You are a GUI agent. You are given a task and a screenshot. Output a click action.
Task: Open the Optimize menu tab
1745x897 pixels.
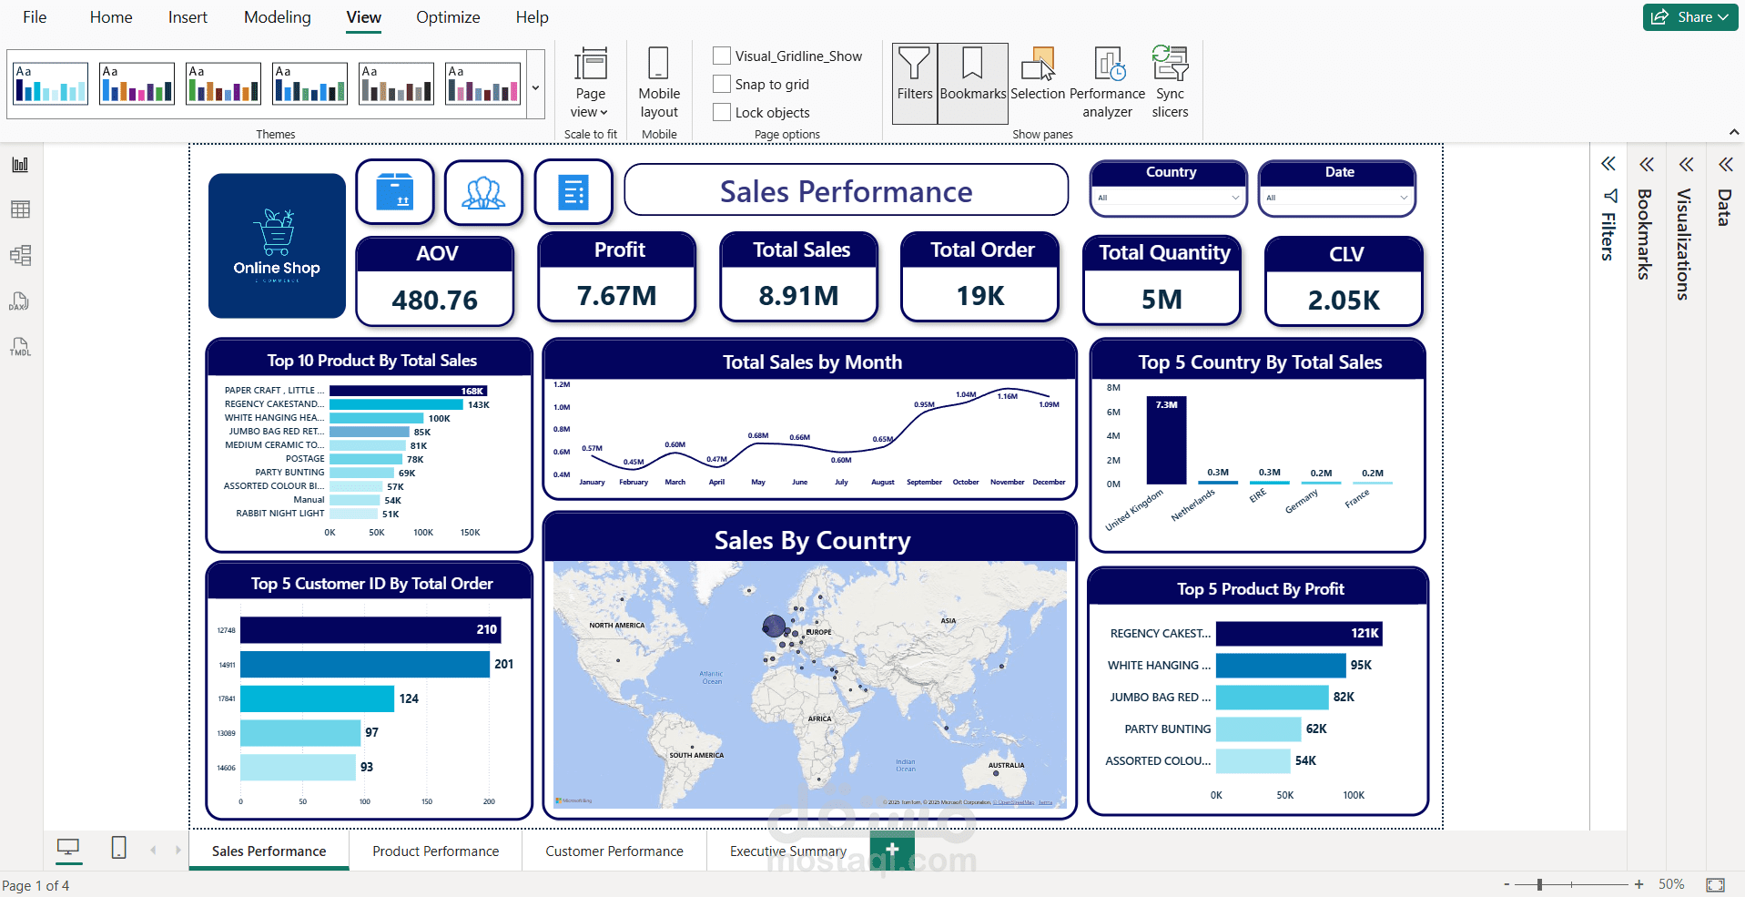coord(448,17)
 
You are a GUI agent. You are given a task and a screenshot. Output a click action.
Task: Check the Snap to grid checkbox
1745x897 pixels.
coord(722,84)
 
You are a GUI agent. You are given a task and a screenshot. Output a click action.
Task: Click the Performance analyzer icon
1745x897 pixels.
coord(1108,66)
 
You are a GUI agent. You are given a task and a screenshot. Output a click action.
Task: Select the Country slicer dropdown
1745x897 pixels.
coord(1169,198)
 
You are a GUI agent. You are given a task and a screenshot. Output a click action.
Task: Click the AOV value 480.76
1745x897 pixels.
coord(435,301)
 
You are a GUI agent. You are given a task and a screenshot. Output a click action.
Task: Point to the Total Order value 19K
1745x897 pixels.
coord(980,296)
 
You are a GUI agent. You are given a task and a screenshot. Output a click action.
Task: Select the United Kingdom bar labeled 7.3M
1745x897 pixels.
coord(1166,442)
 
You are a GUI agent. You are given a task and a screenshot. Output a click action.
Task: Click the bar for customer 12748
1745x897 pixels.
coord(370,630)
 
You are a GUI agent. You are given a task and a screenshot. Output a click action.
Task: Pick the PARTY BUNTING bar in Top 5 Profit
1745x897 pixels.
coord(1258,729)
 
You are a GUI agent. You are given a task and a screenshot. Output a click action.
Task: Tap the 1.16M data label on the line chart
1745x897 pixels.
coord(1007,396)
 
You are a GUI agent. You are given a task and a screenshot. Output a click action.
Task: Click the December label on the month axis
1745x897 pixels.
coord(1049,483)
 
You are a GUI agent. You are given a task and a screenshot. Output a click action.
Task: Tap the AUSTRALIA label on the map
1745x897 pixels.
coord(1006,766)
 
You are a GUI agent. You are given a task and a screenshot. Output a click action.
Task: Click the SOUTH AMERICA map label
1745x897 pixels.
coord(696,755)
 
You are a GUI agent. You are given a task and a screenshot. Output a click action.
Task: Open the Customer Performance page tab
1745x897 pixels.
coord(614,851)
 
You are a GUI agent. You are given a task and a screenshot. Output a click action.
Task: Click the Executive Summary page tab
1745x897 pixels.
coord(788,851)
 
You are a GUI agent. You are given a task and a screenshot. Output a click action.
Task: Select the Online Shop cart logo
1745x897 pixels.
coord(277,232)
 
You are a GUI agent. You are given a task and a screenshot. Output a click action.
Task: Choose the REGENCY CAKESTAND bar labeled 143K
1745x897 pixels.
coord(396,404)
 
